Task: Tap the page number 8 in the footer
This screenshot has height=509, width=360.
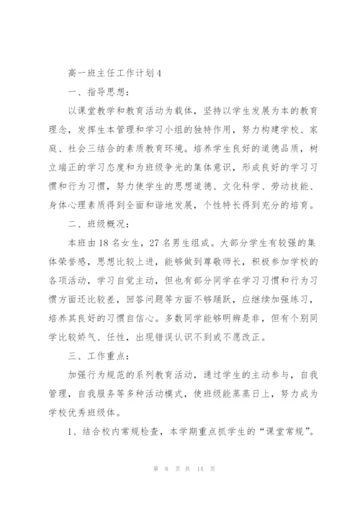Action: (x=167, y=487)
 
